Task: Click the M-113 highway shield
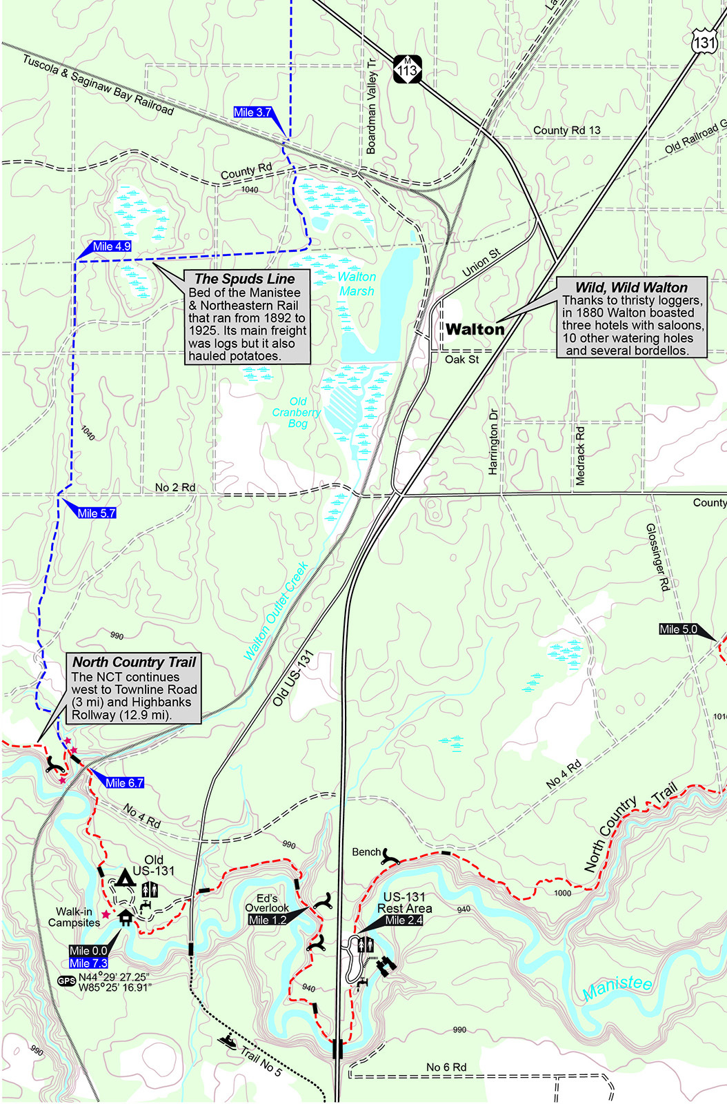(x=407, y=68)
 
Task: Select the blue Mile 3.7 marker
(x=252, y=112)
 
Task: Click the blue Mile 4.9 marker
(x=111, y=246)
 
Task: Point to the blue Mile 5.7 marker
(x=97, y=513)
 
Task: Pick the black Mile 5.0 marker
(x=678, y=629)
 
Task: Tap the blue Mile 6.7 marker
(x=124, y=782)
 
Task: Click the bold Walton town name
(x=475, y=329)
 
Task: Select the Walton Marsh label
(x=357, y=284)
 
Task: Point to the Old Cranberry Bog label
(x=297, y=412)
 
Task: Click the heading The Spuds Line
(x=244, y=279)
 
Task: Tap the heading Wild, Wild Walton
(x=631, y=287)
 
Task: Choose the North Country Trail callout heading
(x=135, y=662)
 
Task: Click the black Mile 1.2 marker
(x=268, y=920)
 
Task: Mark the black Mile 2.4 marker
(x=404, y=920)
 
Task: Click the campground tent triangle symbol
(x=125, y=878)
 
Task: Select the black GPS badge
(x=66, y=981)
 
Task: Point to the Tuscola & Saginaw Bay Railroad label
(x=98, y=84)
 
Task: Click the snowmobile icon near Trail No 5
(x=227, y=1040)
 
